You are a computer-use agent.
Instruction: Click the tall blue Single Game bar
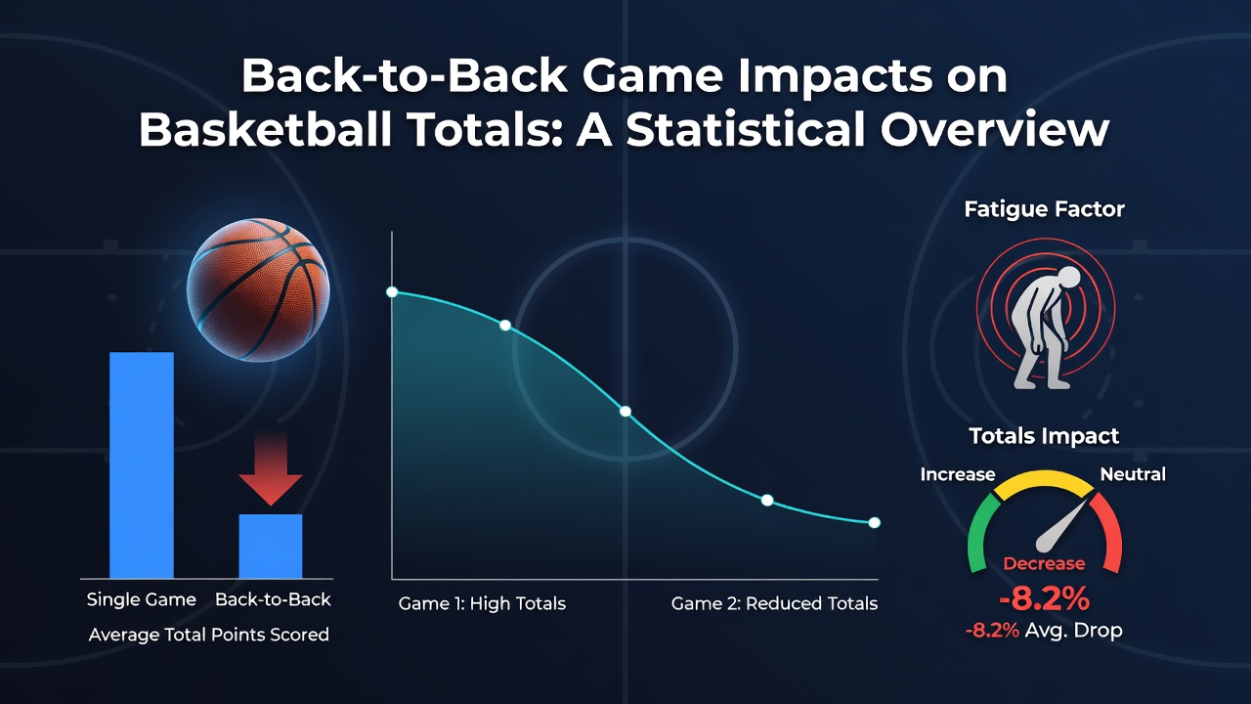(x=142, y=464)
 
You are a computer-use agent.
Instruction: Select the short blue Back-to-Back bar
(x=271, y=546)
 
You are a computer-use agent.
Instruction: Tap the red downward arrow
(x=271, y=467)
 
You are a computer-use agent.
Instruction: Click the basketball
(x=258, y=289)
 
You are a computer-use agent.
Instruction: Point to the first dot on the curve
(x=392, y=292)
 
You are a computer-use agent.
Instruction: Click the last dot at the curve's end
(x=875, y=522)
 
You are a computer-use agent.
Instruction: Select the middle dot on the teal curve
(x=625, y=412)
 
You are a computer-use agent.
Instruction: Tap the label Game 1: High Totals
(x=482, y=603)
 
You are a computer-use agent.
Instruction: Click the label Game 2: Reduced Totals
(x=775, y=603)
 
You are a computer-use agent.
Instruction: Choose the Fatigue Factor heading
(x=1045, y=209)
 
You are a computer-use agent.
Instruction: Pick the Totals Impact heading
(x=1045, y=436)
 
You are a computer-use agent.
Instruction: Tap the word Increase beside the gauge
(x=958, y=474)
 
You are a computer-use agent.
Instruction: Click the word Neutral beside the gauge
(x=1133, y=474)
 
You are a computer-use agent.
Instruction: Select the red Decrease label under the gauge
(x=1045, y=563)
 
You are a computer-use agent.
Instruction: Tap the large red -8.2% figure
(x=1045, y=599)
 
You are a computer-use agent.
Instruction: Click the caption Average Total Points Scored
(x=209, y=636)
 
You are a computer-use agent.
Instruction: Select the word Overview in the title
(x=995, y=130)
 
